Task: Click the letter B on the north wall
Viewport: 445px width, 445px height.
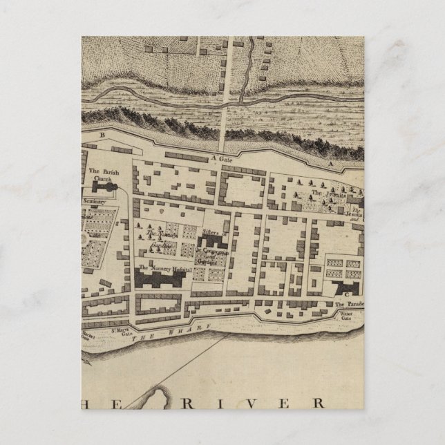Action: tap(102, 136)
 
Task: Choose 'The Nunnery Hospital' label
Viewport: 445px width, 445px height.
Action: tap(163, 267)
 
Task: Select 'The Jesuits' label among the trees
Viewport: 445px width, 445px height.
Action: tap(325, 193)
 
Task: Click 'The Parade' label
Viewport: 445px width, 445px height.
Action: tap(349, 305)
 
